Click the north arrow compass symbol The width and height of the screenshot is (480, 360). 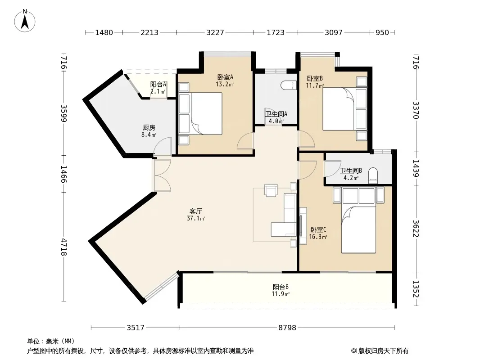click(x=25, y=21)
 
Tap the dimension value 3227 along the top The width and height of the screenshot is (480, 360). click(x=215, y=32)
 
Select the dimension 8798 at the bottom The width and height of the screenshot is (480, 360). click(x=287, y=328)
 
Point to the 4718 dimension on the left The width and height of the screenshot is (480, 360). click(x=63, y=247)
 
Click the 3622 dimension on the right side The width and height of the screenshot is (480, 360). click(x=416, y=228)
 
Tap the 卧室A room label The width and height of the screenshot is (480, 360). click(x=225, y=77)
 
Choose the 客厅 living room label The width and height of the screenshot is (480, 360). click(x=195, y=211)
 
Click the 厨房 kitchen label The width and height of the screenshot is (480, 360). click(x=149, y=127)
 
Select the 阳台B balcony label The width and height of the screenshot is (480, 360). click(x=281, y=287)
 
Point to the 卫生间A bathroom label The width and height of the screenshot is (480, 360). click(x=276, y=114)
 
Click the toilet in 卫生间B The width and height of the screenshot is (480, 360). click(x=373, y=176)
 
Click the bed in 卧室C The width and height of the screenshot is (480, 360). click(x=358, y=229)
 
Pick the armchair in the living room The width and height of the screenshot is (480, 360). click(x=271, y=190)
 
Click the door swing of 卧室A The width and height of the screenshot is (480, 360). click(x=245, y=141)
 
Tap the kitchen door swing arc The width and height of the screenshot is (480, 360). click(x=163, y=146)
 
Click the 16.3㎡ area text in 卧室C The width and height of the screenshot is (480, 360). click(x=318, y=237)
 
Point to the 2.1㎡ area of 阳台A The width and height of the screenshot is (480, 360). click(x=158, y=91)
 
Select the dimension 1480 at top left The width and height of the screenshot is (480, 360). click(x=104, y=32)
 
